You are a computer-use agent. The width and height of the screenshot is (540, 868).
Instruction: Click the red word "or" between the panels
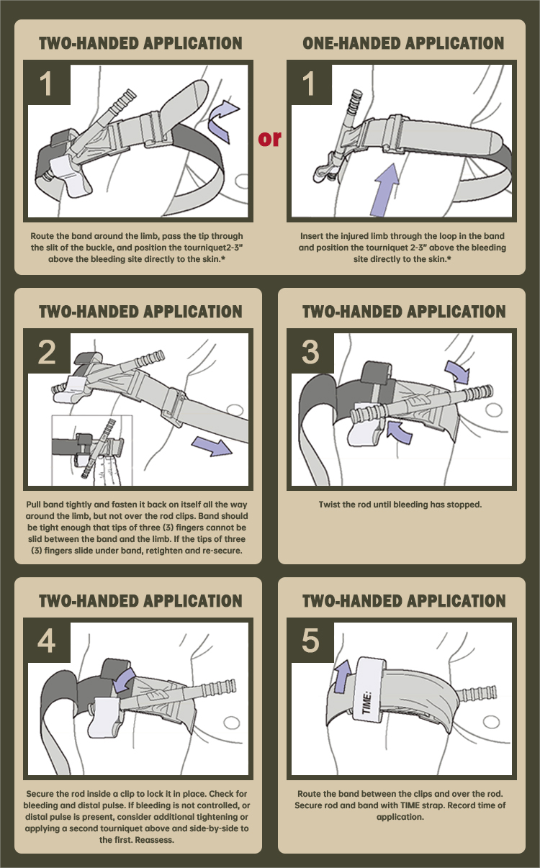point(270,137)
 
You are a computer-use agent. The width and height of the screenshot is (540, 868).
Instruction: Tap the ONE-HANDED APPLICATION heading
point(403,43)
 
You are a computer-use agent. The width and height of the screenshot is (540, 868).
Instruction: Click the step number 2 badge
point(47,352)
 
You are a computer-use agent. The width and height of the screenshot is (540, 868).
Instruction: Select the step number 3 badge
point(310,352)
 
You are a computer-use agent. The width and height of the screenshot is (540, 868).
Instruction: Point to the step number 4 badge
point(47,641)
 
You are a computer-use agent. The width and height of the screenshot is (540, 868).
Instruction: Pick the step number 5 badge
point(310,641)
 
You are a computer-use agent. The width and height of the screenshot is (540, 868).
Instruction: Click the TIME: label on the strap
point(366,702)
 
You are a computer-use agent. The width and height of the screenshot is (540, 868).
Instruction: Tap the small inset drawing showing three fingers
point(92,449)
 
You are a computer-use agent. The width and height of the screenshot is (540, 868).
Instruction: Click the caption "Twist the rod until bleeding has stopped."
point(400,505)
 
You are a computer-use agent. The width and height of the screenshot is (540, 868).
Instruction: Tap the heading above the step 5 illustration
point(403,601)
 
